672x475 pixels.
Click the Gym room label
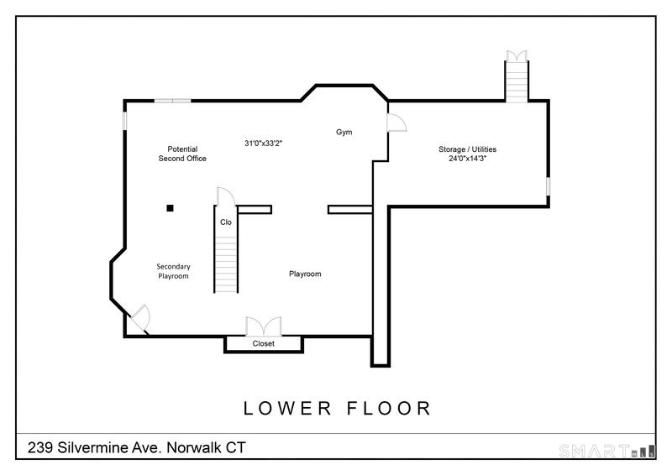pos(344,132)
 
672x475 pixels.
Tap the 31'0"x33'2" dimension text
pos(263,143)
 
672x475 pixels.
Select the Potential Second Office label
pos(182,154)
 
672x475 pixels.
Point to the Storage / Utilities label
pos(467,149)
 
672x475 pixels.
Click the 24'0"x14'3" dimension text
pos(467,159)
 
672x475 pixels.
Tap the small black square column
pos(171,208)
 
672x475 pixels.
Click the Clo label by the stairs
pos(226,222)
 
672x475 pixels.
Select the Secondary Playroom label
pos(173,271)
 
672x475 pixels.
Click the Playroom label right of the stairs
pos(305,274)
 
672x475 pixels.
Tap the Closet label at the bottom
pos(263,343)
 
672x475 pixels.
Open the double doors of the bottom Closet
pos(264,326)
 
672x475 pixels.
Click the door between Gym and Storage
pos(396,123)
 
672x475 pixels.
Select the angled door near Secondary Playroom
pos(139,319)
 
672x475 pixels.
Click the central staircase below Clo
pos(225,264)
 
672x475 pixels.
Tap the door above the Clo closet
pos(226,196)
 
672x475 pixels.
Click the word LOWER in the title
pos(287,408)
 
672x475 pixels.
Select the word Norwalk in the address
pos(194,447)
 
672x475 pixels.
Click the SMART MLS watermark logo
pos(606,451)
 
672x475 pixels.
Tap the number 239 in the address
pos(40,447)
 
